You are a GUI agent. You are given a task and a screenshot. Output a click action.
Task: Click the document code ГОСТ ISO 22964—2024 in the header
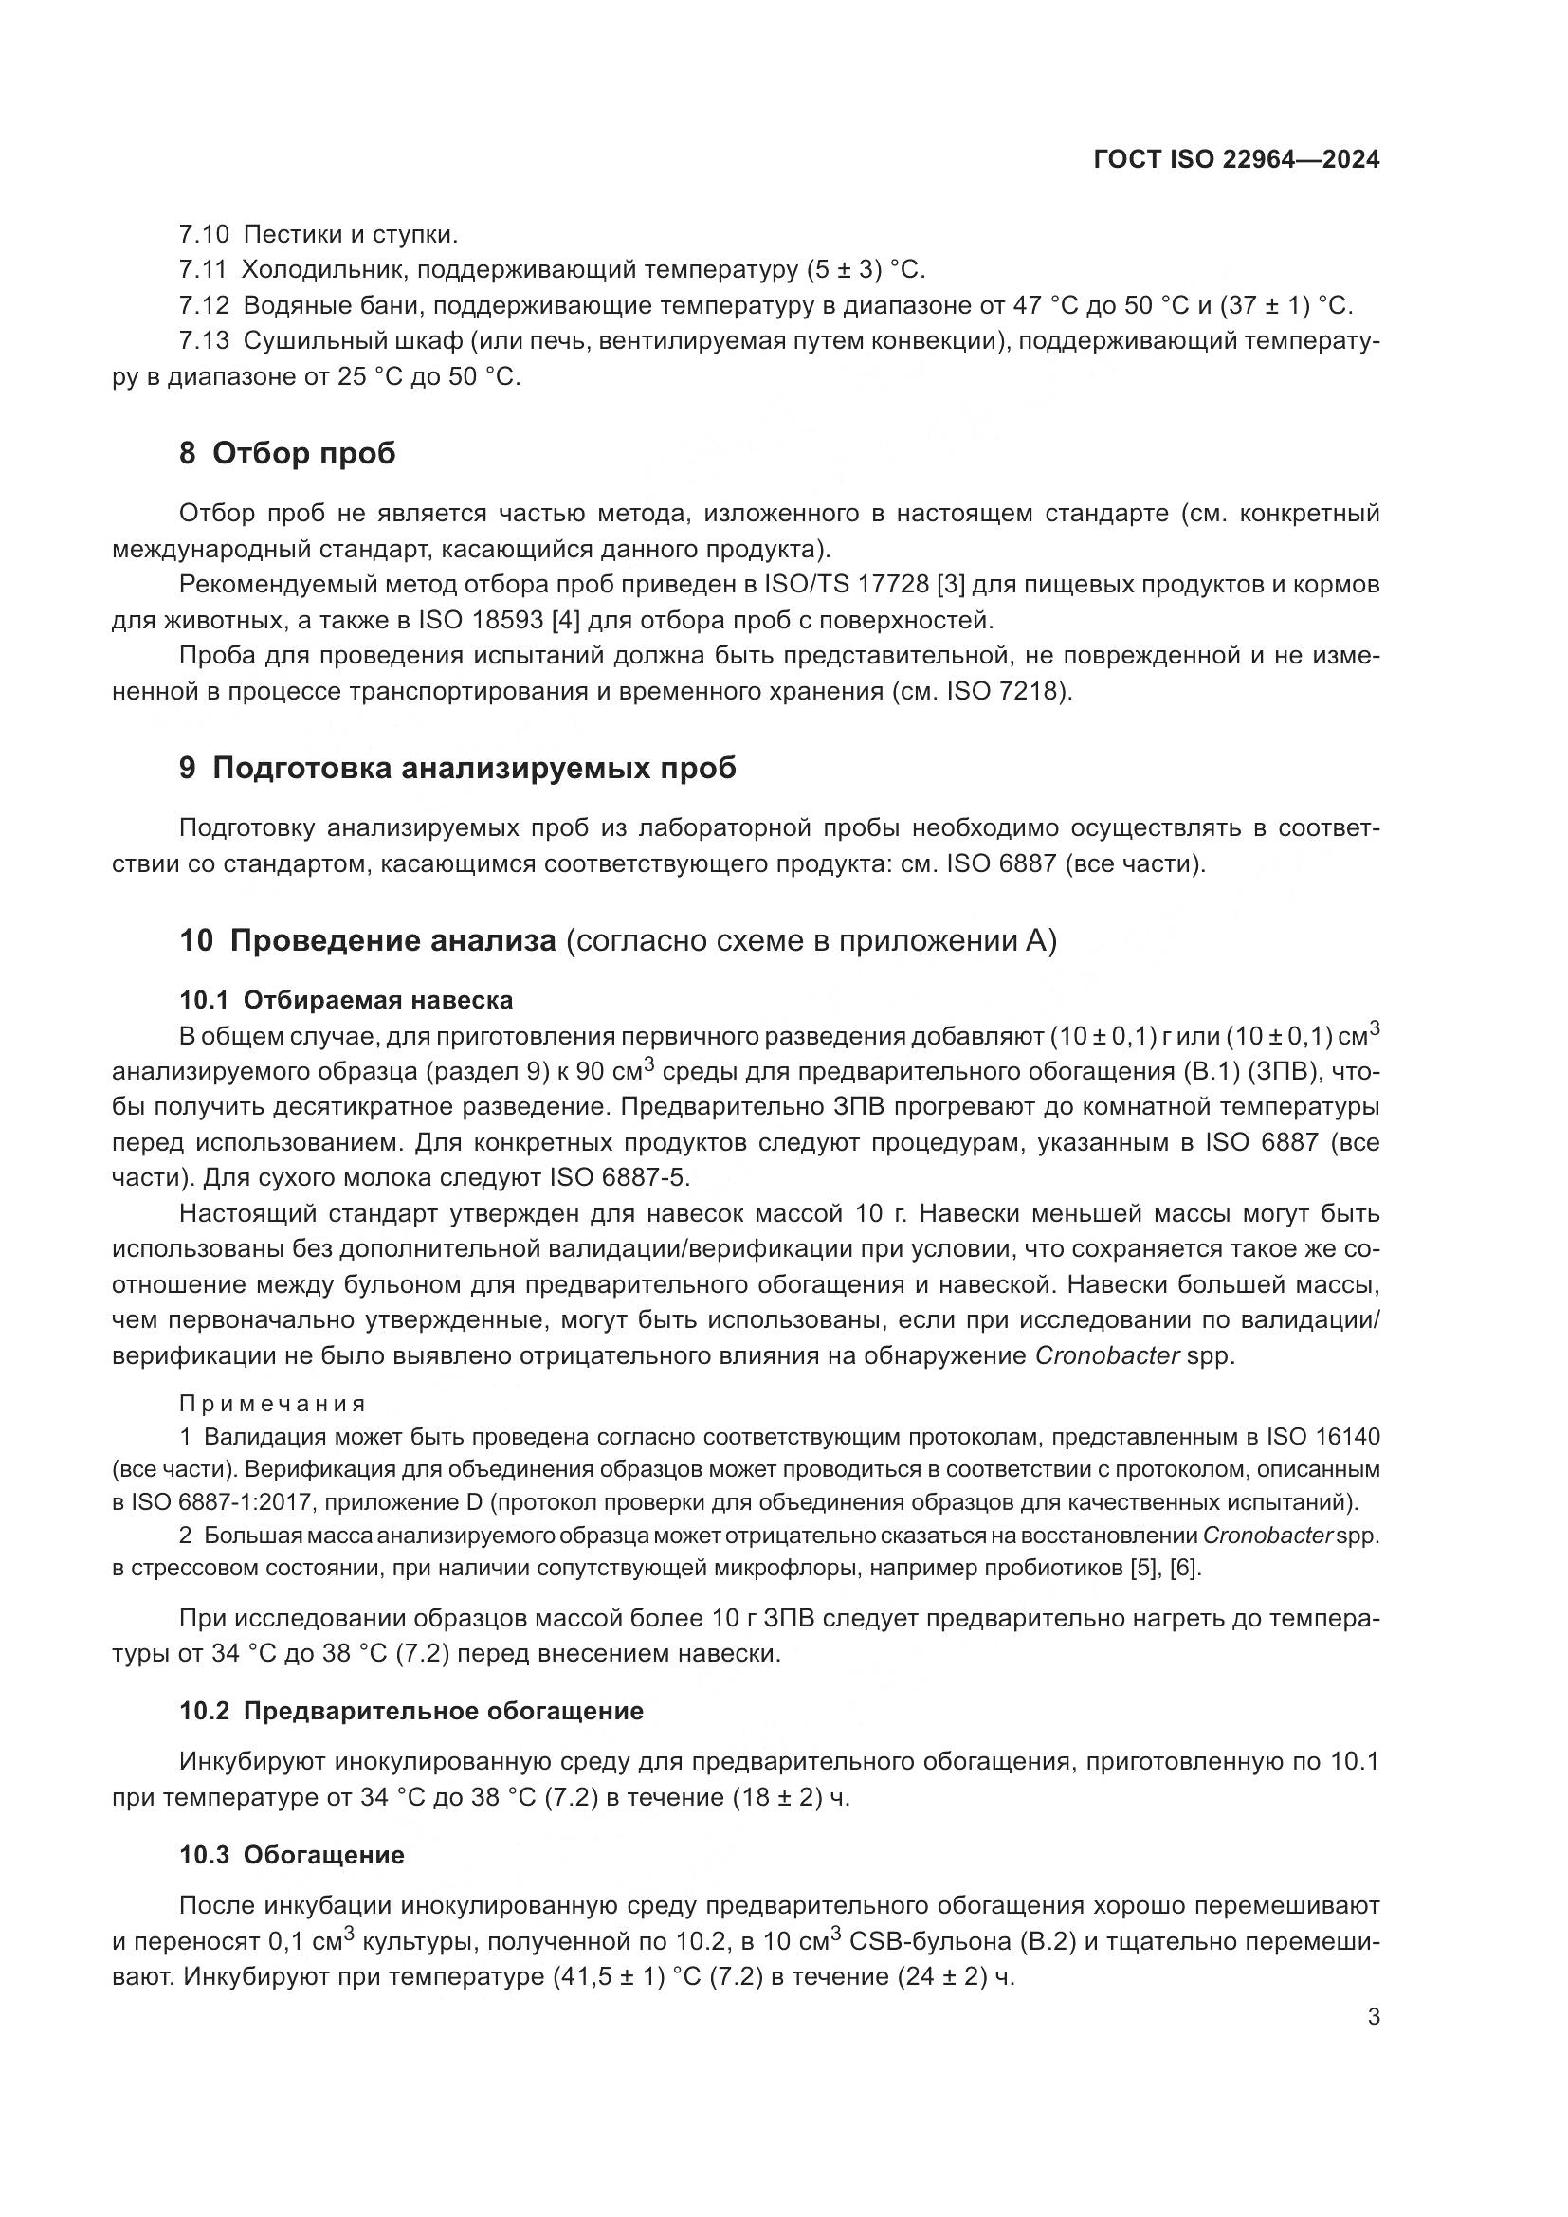coord(1236,160)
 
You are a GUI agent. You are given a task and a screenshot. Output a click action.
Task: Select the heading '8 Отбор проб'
coord(288,453)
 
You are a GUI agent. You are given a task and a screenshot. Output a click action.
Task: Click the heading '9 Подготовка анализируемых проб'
coord(458,769)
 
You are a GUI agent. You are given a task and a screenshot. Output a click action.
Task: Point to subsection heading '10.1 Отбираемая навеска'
coord(346,999)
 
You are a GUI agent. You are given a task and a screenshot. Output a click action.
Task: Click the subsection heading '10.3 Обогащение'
coord(292,1855)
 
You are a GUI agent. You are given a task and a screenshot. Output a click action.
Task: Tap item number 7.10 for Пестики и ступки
coord(204,235)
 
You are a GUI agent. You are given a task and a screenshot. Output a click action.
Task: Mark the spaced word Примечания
coord(272,1404)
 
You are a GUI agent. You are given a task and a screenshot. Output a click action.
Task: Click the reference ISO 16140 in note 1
coord(1322,1437)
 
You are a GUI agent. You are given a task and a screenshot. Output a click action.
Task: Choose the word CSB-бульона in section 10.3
coord(930,1941)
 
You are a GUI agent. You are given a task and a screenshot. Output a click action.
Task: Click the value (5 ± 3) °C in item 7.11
coord(866,270)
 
